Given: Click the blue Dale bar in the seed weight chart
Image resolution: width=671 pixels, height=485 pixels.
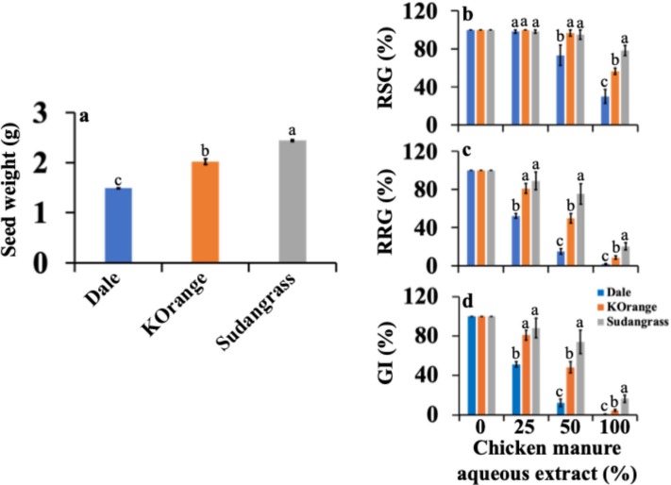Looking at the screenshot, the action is pos(119,225).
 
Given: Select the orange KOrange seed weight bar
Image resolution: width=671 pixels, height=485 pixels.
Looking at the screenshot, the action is pos(206,212).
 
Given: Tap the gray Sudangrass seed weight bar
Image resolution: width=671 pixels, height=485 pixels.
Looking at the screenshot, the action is pos(293,201).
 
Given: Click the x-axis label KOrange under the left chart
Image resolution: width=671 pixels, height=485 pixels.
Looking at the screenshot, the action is pos(175,304).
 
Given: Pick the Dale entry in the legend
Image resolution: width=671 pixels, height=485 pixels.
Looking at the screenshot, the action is pos(613,293).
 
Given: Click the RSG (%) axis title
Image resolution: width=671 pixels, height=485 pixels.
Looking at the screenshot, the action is pos(386,66).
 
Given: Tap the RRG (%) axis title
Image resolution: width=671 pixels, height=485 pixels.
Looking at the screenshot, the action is pos(386,212).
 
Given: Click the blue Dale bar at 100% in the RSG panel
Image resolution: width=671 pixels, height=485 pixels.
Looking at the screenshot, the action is pos(605,110).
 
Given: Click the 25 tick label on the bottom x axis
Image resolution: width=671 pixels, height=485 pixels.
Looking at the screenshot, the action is pos(525,427).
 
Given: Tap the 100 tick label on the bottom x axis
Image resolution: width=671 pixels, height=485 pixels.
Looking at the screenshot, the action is pos(614,427).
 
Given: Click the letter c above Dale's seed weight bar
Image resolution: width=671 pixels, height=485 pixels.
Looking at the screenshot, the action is pos(119,180).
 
